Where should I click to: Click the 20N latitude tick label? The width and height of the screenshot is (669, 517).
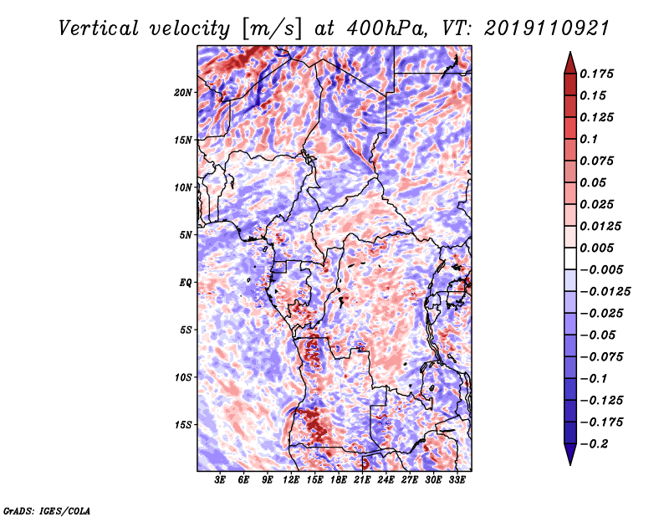pos(183,92)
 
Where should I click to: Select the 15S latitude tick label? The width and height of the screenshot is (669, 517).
pos(183,424)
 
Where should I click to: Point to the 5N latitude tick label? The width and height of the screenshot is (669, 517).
pos(186,234)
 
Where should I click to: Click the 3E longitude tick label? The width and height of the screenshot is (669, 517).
pos(220,480)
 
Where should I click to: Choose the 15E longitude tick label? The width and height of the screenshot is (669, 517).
pos(314,480)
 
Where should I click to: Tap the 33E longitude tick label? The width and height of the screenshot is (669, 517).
pos(457,480)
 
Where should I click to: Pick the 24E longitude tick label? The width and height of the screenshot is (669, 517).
pos(386,480)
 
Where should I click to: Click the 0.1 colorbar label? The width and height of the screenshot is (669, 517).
pos(590,139)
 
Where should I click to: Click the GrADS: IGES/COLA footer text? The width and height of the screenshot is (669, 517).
pos(47,509)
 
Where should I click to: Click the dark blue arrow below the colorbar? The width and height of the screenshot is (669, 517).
pos(569,456)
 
